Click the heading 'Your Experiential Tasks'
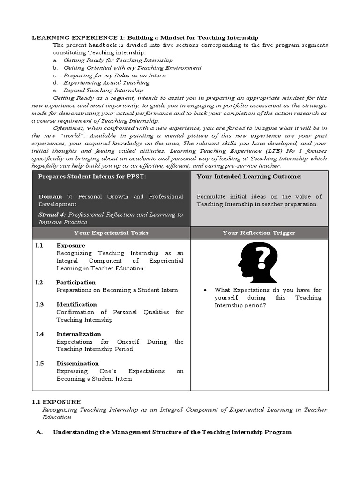[x=111, y=232]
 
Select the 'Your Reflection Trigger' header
[x=259, y=232]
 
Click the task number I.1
[x=39, y=245]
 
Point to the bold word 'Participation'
[x=76, y=282]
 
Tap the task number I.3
[x=39, y=304]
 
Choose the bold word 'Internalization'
[x=79, y=334]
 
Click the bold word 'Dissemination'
[x=78, y=363]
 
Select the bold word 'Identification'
[x=77, y=304]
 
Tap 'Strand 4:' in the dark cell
[x=54, y=214]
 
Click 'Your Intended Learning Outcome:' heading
[x=249, y=176]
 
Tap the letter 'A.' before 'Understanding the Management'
[x=39, y=432]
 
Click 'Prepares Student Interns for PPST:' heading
[x=92, y=176]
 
